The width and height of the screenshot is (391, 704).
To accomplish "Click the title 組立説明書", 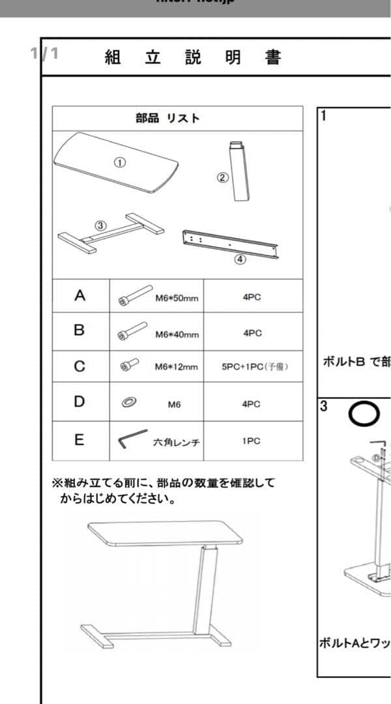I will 192,57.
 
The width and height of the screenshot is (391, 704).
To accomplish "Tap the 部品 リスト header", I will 167,118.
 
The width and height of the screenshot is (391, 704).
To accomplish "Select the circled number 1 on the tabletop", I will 120,163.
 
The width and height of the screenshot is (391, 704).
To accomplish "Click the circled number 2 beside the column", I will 223,177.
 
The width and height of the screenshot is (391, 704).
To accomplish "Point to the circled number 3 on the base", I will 100,225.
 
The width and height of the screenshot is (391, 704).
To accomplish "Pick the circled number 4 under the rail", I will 240,259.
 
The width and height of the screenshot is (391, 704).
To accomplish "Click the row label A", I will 80,296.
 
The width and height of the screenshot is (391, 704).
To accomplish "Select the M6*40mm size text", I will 177,334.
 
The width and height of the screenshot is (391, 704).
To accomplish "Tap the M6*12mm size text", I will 176,367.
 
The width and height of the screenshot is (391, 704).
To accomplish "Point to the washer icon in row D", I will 128,403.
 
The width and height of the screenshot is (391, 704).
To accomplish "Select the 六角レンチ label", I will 176,443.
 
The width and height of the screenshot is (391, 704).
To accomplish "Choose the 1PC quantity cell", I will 252,441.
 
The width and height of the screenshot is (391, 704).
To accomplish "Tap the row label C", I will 79,366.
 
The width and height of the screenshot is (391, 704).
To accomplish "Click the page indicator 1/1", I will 44,53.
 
